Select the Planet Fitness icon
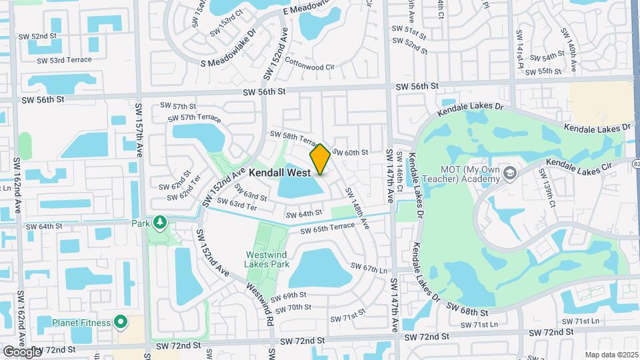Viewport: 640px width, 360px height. pyautogui.click(x=121, y=323)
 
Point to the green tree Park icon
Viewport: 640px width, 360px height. pyautogui.click(x=159, y=222)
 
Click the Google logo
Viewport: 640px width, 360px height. pyautogui.click(x=22, y=351)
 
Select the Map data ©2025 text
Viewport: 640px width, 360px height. pyautogui.click(x=611, y=355)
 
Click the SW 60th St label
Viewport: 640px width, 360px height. pyautogui.click(x=350, y=153)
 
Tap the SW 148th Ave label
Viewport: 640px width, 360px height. pyautogui.click(x=357, y=209)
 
